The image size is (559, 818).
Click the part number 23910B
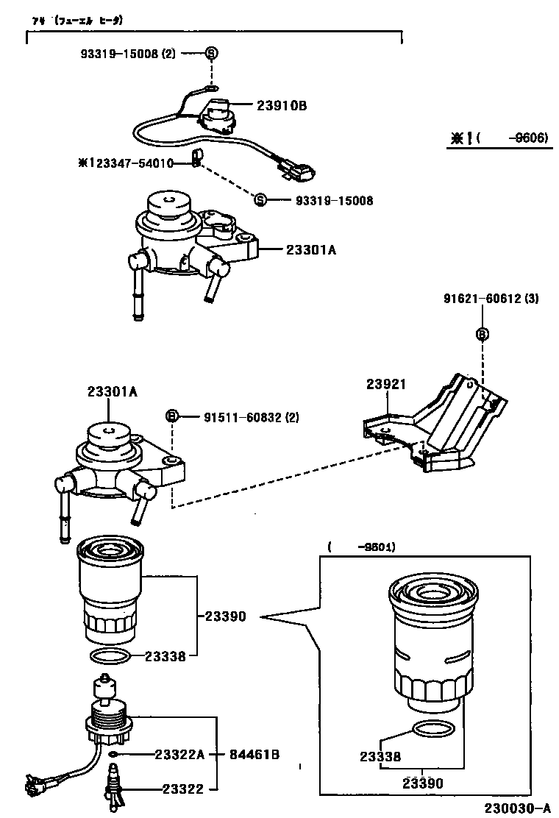[x=282, y=106]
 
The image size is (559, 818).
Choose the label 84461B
[x=254, y=755]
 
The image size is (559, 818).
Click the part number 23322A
[x=179, y=755]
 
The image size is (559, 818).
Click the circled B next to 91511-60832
[x=171, y=417]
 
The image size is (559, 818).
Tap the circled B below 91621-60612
[x=482, y=333]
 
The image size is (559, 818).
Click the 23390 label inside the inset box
[x=423, y=783]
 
